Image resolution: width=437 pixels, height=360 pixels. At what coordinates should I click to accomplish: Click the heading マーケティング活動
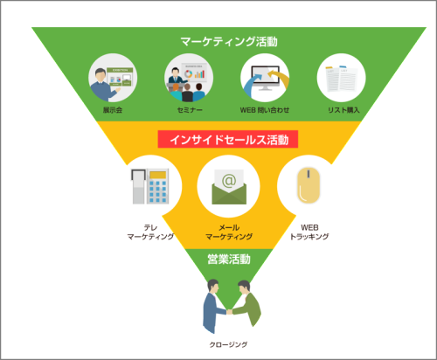click(x=229, y=42)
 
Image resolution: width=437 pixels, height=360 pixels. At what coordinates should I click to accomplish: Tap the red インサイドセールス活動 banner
click(x=228, y=139)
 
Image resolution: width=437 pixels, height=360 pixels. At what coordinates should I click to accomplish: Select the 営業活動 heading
click(x=229, y=259)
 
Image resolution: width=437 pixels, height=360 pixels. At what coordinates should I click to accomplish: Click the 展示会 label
click(x=113, y=110)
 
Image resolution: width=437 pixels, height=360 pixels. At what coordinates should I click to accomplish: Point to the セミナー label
click(x=190, y=110)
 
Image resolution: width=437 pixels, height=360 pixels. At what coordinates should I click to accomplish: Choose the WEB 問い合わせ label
click(x=265, y=110)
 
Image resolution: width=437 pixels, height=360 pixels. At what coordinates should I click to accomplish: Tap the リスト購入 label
click(x=343, y=110)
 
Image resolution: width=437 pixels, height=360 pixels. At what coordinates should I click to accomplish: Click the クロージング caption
click(x=228, y=344)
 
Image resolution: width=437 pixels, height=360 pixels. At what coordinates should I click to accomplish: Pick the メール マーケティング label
click(x=229, y=232)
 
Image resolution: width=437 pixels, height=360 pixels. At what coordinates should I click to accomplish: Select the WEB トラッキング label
click(x=309, y=232)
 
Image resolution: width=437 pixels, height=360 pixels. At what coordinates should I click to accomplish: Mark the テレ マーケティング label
click(x=150, y=232)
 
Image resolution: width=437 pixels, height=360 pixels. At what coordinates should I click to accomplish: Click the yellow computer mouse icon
click(x=309, y=185)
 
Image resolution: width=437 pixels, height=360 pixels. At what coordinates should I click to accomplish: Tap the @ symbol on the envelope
click(x=229, y=181)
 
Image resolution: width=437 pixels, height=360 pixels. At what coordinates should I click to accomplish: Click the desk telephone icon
click(x=149, y=186)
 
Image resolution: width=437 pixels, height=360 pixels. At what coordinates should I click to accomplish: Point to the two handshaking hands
click(x=230, y=312)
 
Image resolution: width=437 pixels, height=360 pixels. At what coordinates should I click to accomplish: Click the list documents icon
click(x=341, y=79)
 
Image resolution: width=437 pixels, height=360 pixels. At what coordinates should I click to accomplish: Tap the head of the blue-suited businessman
click(x=213, y=287)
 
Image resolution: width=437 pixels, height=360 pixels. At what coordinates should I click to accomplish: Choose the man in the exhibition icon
click(x=104, y=85)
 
